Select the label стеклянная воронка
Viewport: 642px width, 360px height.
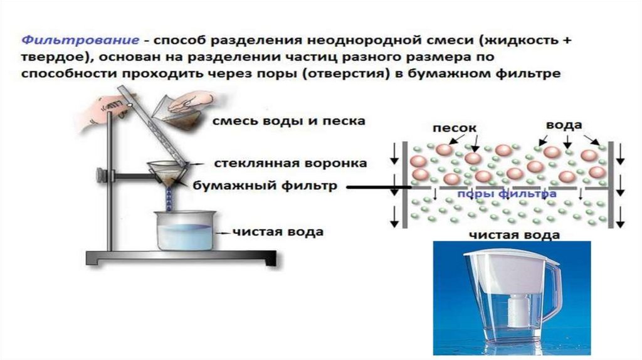pyautogui.click(x=290, y=164)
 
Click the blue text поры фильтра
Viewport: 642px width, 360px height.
pyautogui.click(x=507, y=194)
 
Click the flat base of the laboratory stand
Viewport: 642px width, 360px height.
pyautogui.click(x=182, y=257)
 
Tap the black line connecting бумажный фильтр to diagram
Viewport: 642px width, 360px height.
pyautogui.click(x=376, y=187)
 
